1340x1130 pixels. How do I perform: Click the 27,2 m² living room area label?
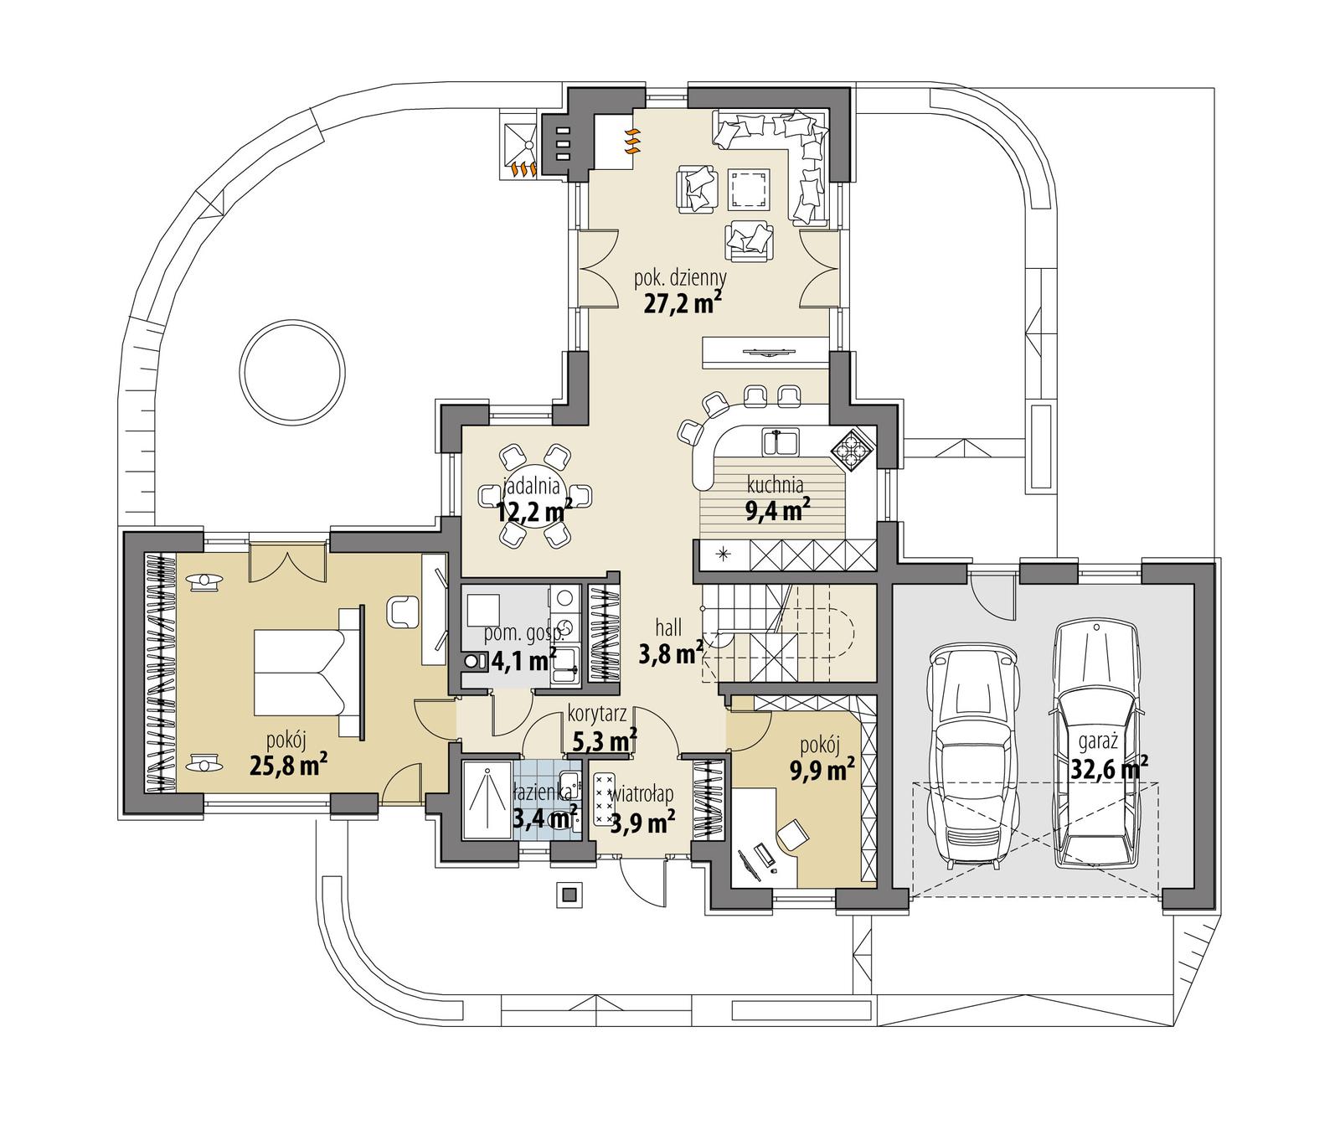[683, 302]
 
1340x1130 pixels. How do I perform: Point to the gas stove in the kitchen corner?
[853, 451]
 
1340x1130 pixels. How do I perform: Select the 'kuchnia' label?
[776, 484]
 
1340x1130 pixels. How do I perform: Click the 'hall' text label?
[669, 627]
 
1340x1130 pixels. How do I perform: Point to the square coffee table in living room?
[749, 188]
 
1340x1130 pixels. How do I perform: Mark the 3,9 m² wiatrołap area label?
[642, 823]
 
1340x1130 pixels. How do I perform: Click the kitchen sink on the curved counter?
[780, 441]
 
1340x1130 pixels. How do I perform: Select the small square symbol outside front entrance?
[570, 894]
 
